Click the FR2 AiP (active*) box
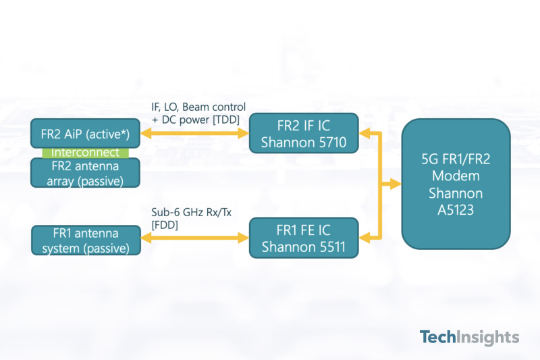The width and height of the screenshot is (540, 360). point(85,133)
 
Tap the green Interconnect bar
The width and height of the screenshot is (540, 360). point(85,153)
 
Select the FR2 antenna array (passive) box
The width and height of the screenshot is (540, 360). point(85,172)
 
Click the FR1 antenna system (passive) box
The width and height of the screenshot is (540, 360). point(85,240)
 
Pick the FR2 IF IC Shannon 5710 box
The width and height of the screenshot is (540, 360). point(302,134)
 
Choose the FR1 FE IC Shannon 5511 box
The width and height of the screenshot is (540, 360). point(302,238)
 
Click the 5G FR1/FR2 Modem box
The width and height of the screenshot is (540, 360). point(456,184)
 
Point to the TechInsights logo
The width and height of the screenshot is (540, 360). point(469,337)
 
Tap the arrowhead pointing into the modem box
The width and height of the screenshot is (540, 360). point(395,184)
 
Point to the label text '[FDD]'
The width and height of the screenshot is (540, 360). point(165,225)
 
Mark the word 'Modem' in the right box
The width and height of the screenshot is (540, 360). point(456,176)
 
